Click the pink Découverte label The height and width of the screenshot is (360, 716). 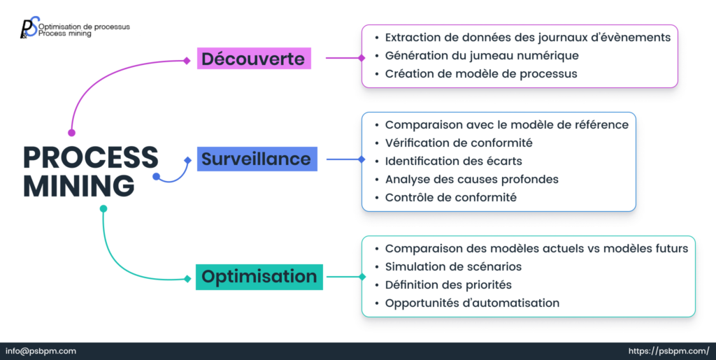pyautogui.click(x=254, y=59)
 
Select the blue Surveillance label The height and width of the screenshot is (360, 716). pyautogui.click(x=257, y=159)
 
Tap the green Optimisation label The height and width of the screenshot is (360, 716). pyautogui.click(x=259, y=277)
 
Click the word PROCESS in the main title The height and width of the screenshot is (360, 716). pyautogui.click(x=91, y=157)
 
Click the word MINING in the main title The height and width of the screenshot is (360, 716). pyautogui.click(x=78, y=186)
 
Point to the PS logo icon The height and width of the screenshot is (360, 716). pyautogui.click(x=29, y=28)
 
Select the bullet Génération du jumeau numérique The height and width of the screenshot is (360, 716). pyautogui.click(x=482, y=55)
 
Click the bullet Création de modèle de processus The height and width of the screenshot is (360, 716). pyautogui.click(x=481, y=73)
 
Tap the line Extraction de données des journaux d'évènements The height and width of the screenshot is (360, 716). pyautogui.click(x=528, y=37)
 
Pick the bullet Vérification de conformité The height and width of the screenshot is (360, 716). pyautogui.click(x=459, y=143)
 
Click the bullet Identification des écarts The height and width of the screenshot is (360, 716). pyautogui.click(x=453, y=161)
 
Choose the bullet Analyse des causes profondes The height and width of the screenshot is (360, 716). pyautogui.click(x=472, y=179)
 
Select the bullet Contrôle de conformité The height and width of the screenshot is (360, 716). pyautogui.click(x=451, y=197)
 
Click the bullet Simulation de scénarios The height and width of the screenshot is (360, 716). pyautogui.click(x=453, y=266)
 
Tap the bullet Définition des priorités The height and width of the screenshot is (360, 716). pyautogui.click(x=448, y=285)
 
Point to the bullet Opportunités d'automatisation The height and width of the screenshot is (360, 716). pyautogui.click(x=472, y=303)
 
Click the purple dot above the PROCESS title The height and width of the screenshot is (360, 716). pyautogui.click(x=71, y=132)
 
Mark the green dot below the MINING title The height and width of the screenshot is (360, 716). pyautogui.click(x=103, y=208)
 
